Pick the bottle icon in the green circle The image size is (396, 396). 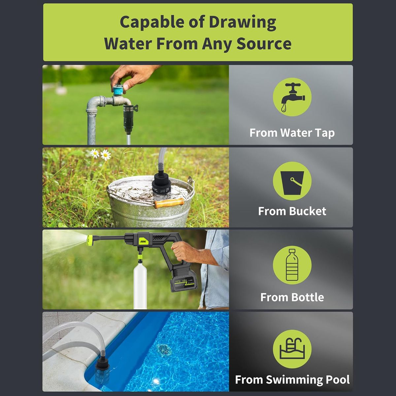[x=292, y=265]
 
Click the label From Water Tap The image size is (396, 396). [x=292, y=133]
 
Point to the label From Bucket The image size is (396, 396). [x=292, y=211]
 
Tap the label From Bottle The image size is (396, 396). [x=292, y=297]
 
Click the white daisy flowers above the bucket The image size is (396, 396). [x=101, y=154]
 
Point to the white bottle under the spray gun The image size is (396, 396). [x=140, y=287]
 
